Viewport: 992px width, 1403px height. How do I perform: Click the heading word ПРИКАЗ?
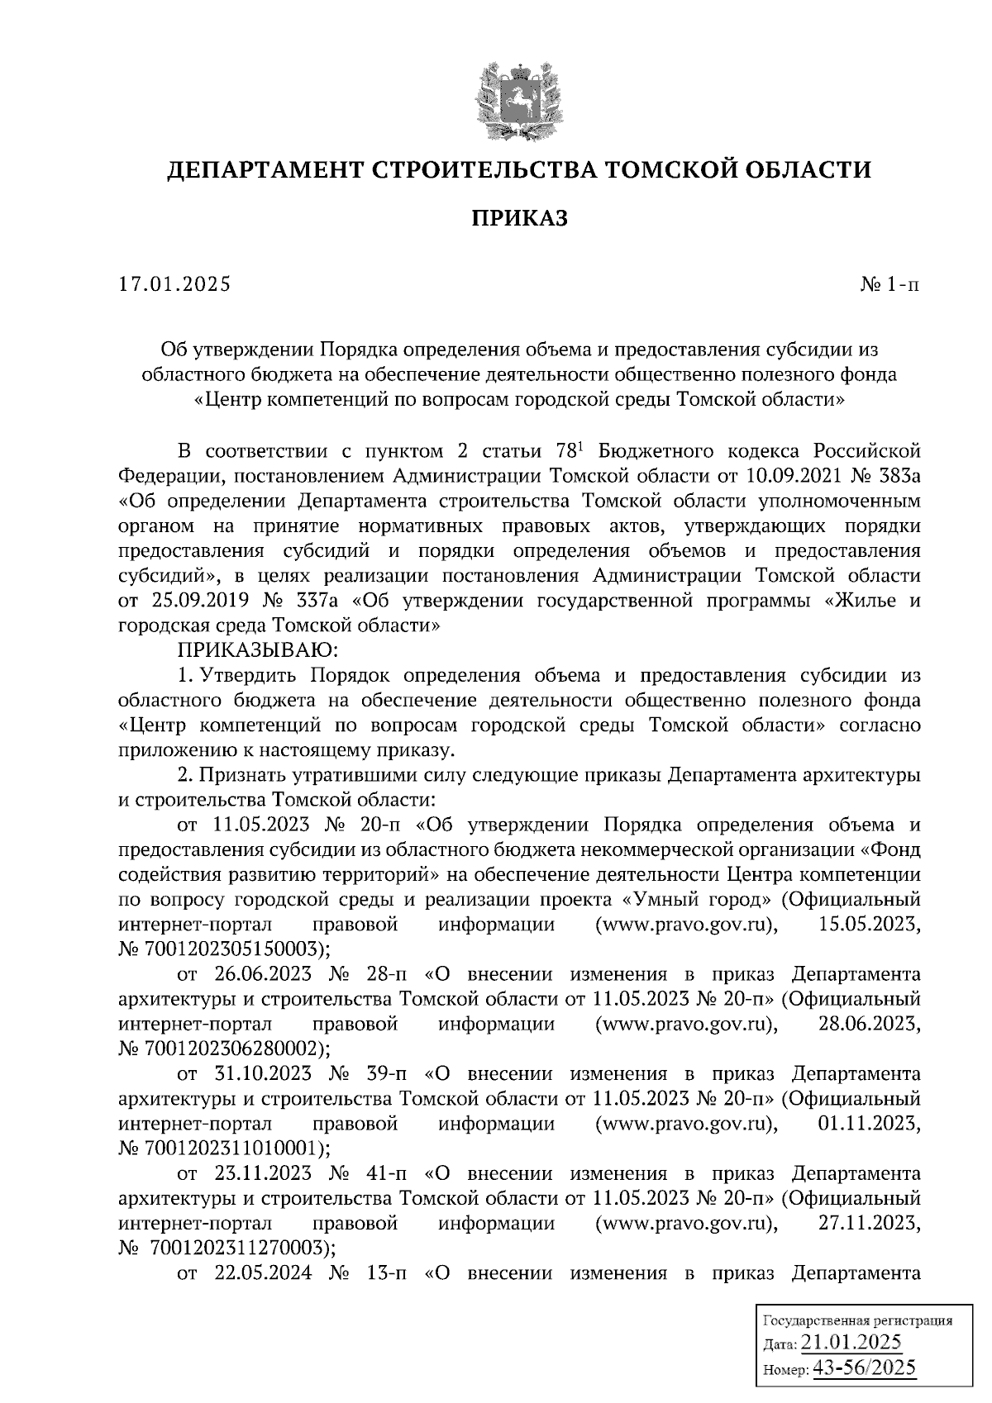pyautogui.click(x=520, y=218)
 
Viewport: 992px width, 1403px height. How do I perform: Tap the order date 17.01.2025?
pyautogui.click(x=175, y=285)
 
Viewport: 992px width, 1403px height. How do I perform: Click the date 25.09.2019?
pyautogui.click(x=192, y=600)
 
